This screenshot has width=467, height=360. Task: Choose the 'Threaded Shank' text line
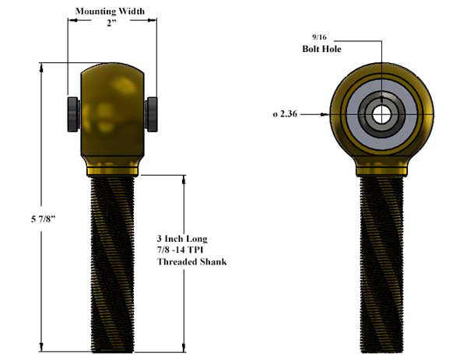point(191,262)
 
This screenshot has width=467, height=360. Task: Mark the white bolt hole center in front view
point(381,114)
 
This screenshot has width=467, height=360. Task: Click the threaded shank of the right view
point(381,264)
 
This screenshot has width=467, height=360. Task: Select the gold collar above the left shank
point(114,167)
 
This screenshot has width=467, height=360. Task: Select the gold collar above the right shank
point(381,167)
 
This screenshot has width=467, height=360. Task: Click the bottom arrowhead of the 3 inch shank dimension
point(184,349)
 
